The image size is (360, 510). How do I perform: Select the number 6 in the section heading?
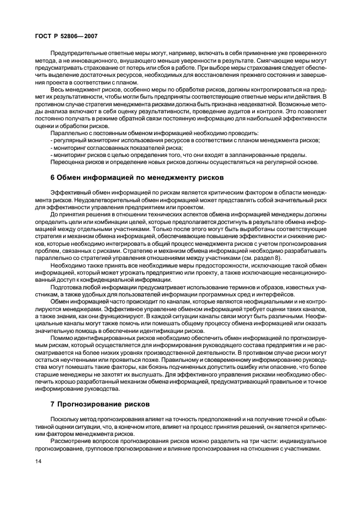pos(52,177)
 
